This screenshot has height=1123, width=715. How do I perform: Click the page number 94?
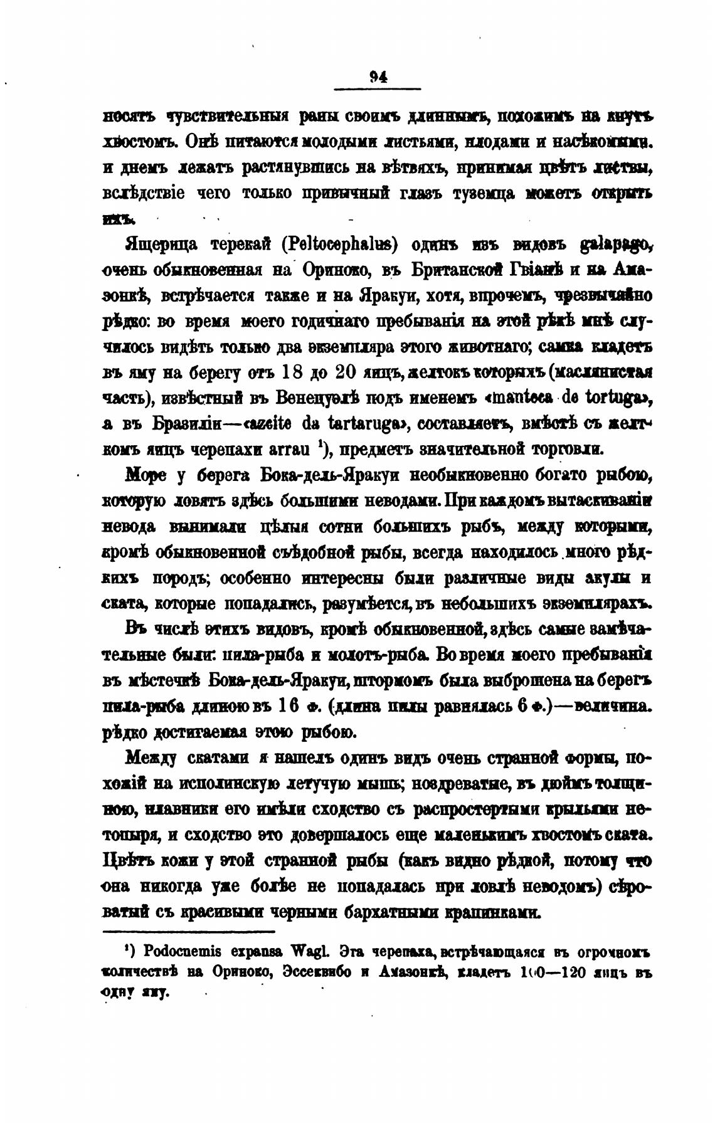point(379,76)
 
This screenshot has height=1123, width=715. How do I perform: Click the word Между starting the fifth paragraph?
point(150,758)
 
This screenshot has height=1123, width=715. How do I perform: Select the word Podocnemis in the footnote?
point(177,951)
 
